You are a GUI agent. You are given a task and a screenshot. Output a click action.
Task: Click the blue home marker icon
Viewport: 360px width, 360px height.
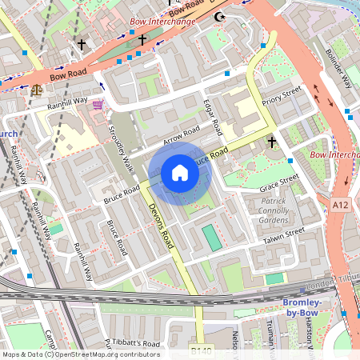pyautogui.click(x=180, y=172)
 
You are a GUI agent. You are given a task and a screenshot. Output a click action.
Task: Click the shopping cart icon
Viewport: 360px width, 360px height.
pyautogui.click(x=98, y=104)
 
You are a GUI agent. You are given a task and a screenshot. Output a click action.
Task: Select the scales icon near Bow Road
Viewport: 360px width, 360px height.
pyautogui.click(x=35, y=90)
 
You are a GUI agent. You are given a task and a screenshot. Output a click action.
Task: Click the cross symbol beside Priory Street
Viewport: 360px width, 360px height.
pyautogui.click(x=272, y=142)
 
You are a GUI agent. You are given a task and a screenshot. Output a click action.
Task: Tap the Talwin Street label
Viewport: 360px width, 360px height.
pyautogui.click(x=284, y=234)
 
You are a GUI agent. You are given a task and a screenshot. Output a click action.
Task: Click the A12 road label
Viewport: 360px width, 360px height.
pyautogui.click(x=341, y=206)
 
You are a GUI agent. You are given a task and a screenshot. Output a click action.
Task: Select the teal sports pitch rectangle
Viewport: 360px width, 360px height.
pyautogui.click(x=210, y=238)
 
